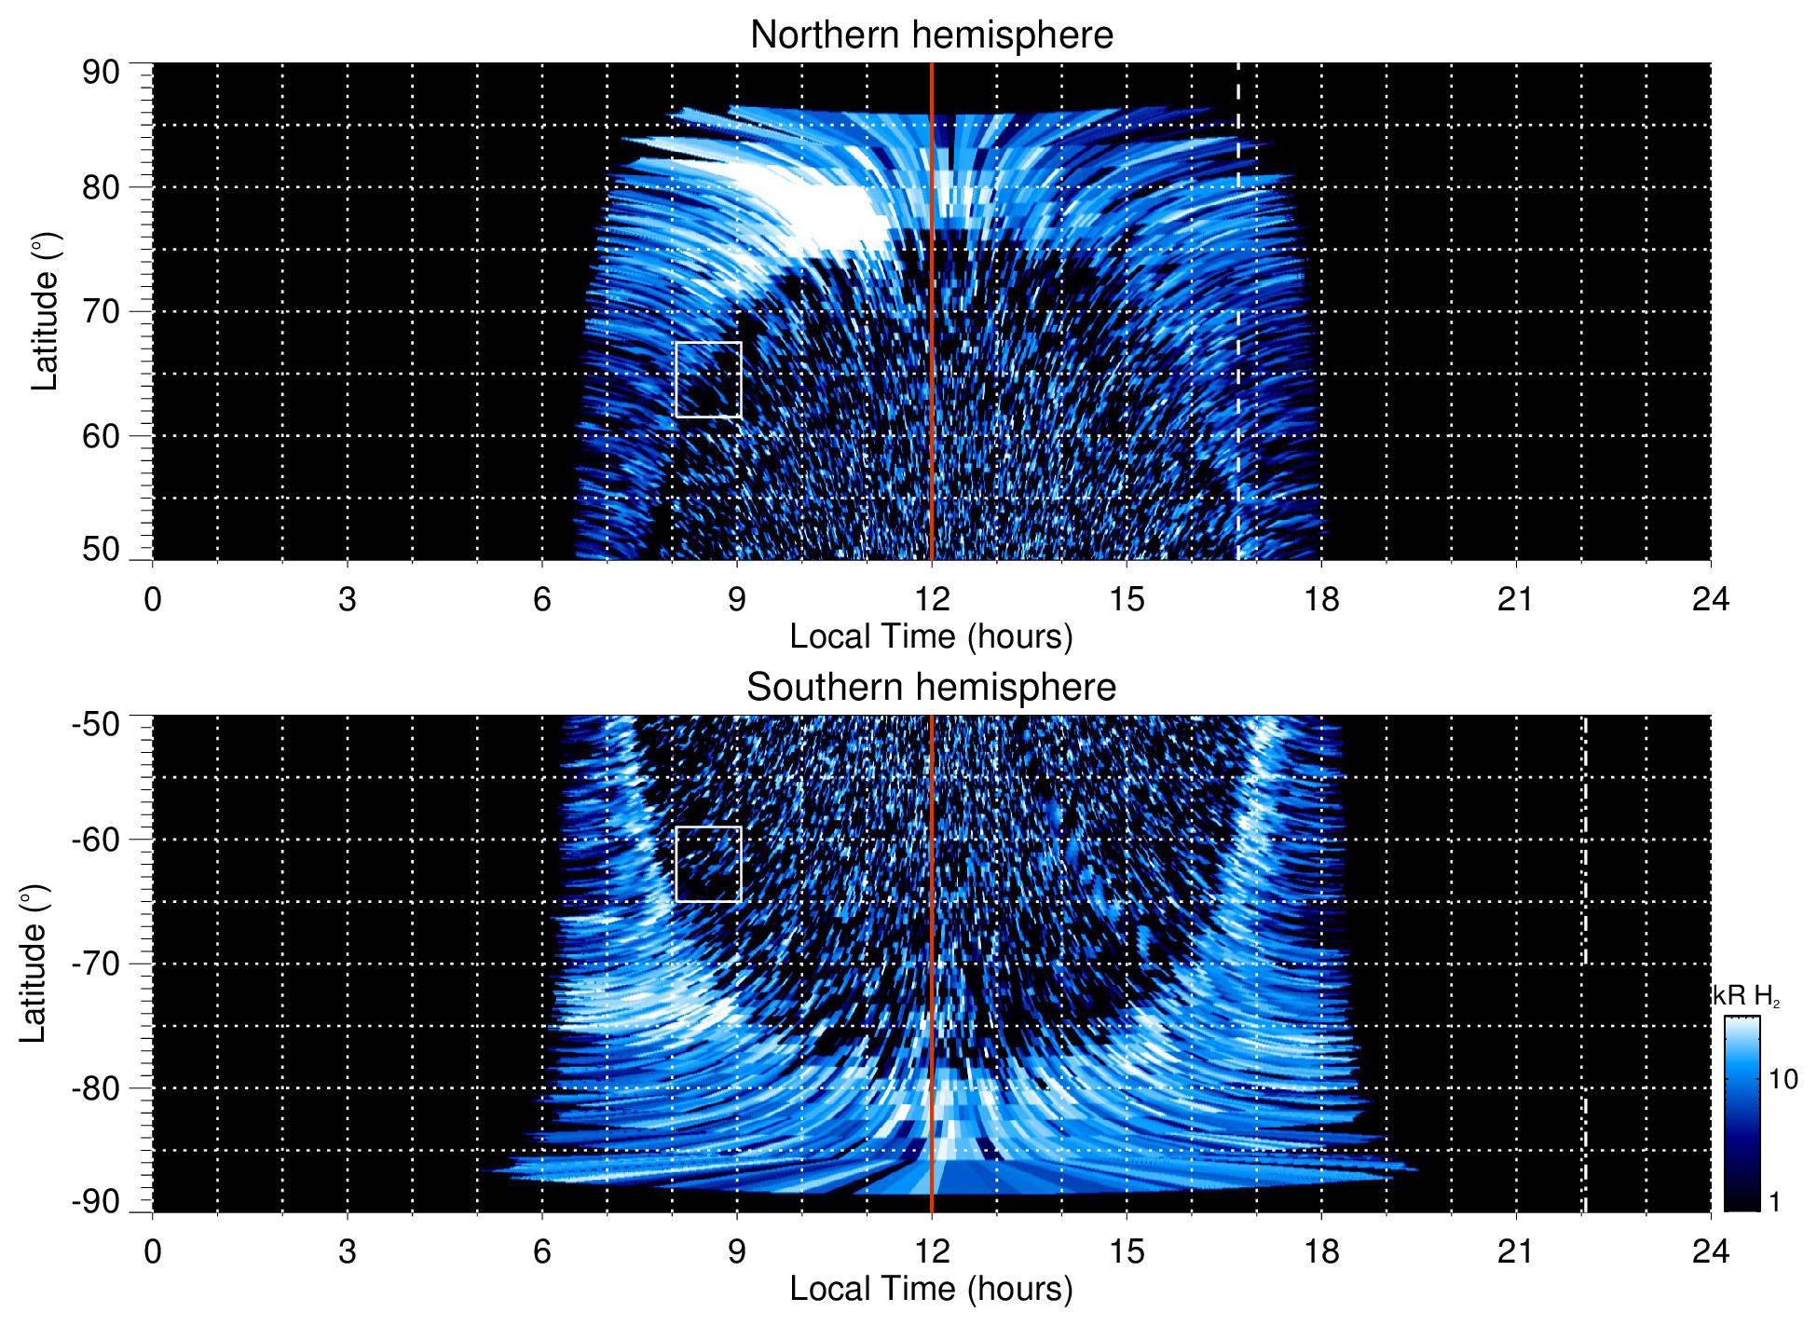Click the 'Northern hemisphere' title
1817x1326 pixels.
pos(931,35)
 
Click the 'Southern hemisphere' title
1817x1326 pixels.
pos(931,688)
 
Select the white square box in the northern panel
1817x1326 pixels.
pos(708,379)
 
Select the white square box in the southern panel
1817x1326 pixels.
pos(708,864)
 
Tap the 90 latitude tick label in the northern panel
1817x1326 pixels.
pos(101,73)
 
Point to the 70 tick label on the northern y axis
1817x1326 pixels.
pos(101,311)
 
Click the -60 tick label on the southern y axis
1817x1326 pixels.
pos(96,840)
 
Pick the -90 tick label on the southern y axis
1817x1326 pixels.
pos(96,1202)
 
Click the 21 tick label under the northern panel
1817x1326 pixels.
pos(1515,599)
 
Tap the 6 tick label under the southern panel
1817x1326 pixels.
pos(542,1251)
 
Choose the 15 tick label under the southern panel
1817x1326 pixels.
pos(1127,1251)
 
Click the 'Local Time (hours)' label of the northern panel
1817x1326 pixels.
pos(931,636)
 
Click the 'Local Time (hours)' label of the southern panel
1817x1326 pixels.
pos(931,1289)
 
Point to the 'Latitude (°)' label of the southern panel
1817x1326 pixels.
pos(34,964)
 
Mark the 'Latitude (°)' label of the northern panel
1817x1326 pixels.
pos(45,311)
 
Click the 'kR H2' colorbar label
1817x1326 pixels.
pos(1746,996)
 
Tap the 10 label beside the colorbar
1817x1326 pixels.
pos(1783,1080)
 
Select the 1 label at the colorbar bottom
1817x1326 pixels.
pos(1774,1202)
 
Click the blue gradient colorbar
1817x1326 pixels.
pos(1742,1114)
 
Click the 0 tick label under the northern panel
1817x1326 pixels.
pos(153,599)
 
